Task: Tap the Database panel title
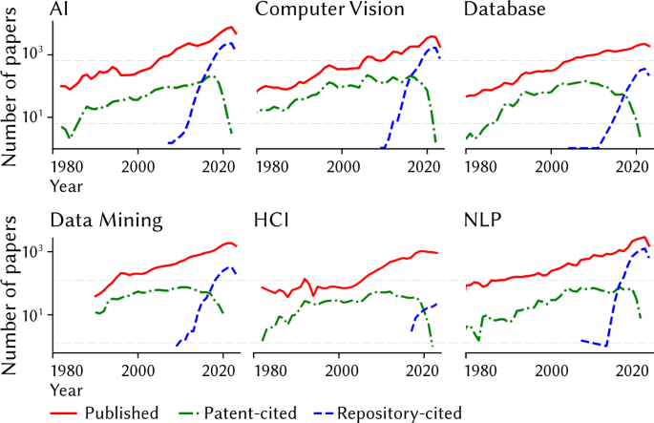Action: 504,11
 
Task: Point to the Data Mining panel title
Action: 106,221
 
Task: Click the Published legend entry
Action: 119,412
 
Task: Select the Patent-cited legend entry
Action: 251,412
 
